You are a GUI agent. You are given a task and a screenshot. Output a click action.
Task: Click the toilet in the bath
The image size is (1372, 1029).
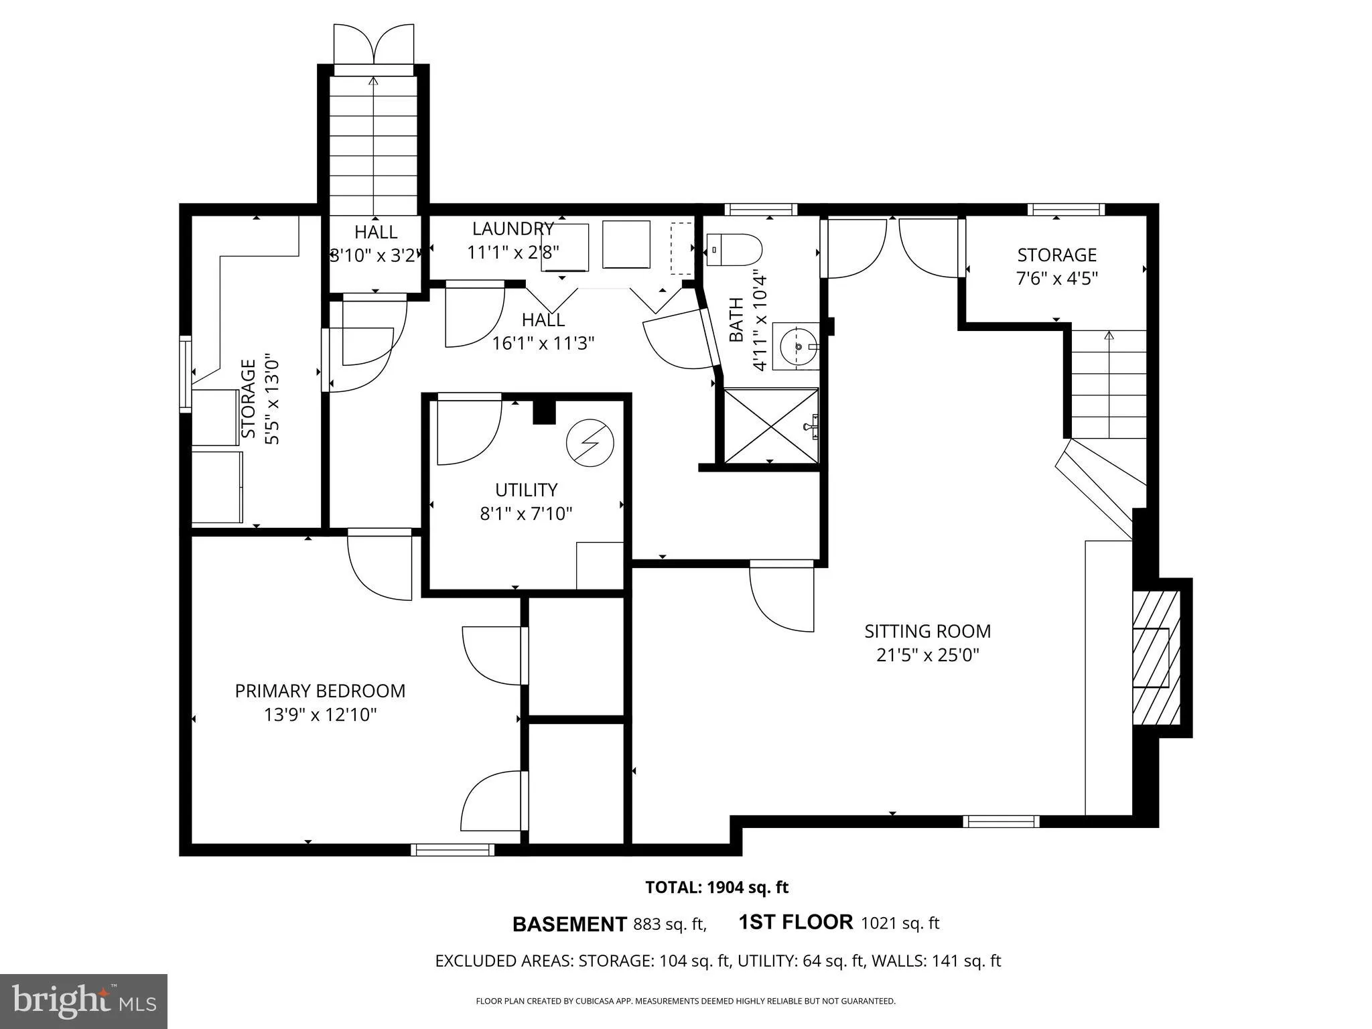[735, 249]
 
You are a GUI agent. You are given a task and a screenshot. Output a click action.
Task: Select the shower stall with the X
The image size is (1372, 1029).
[770, 425]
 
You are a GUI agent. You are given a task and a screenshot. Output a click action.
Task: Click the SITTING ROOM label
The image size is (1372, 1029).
[927, 631]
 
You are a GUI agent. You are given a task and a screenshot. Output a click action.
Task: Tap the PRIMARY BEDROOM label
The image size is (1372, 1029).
[320, 691]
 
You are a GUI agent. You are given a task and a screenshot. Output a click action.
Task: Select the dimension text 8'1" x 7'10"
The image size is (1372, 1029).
[526, 514]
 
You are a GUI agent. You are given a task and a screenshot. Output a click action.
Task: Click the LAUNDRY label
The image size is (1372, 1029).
[512, 229]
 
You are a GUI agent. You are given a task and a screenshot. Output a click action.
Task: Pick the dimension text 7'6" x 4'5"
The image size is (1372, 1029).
[1056, 278]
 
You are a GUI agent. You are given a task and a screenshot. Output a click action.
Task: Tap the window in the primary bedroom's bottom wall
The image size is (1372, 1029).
[452, 849]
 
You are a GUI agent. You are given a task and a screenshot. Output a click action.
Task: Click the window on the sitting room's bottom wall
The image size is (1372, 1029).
[1001, 821]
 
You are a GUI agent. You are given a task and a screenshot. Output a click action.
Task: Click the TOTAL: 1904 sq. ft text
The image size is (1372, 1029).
[716, 888]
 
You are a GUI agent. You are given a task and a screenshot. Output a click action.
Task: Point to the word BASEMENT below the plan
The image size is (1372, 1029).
[569, 924]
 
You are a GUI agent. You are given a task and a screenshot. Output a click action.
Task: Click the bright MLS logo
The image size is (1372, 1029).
[84, 1001]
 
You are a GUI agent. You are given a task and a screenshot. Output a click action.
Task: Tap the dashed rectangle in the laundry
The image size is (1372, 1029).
[682, 249]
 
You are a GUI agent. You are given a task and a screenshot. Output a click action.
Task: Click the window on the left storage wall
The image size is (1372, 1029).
[186, 373]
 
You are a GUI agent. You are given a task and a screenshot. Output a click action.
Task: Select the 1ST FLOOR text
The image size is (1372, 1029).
[795, 922]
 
